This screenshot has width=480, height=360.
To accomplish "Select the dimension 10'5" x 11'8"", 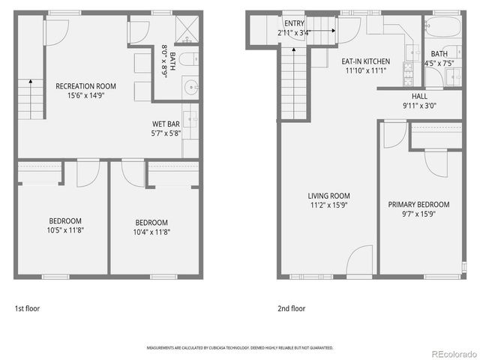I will tap(65, 230).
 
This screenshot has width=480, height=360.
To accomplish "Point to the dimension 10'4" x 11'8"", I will tap(152, 232).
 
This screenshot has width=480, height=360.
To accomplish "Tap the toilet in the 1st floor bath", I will tap(190, 58).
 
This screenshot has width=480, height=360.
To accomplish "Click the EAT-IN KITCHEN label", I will tap(365, 61).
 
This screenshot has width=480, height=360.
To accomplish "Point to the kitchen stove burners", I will tap(405, 73).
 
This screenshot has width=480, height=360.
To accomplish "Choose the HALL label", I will tap(419, 97).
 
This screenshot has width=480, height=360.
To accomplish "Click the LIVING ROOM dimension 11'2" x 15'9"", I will tap(329, 205).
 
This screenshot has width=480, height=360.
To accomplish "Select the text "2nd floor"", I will tap(291, 308).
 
